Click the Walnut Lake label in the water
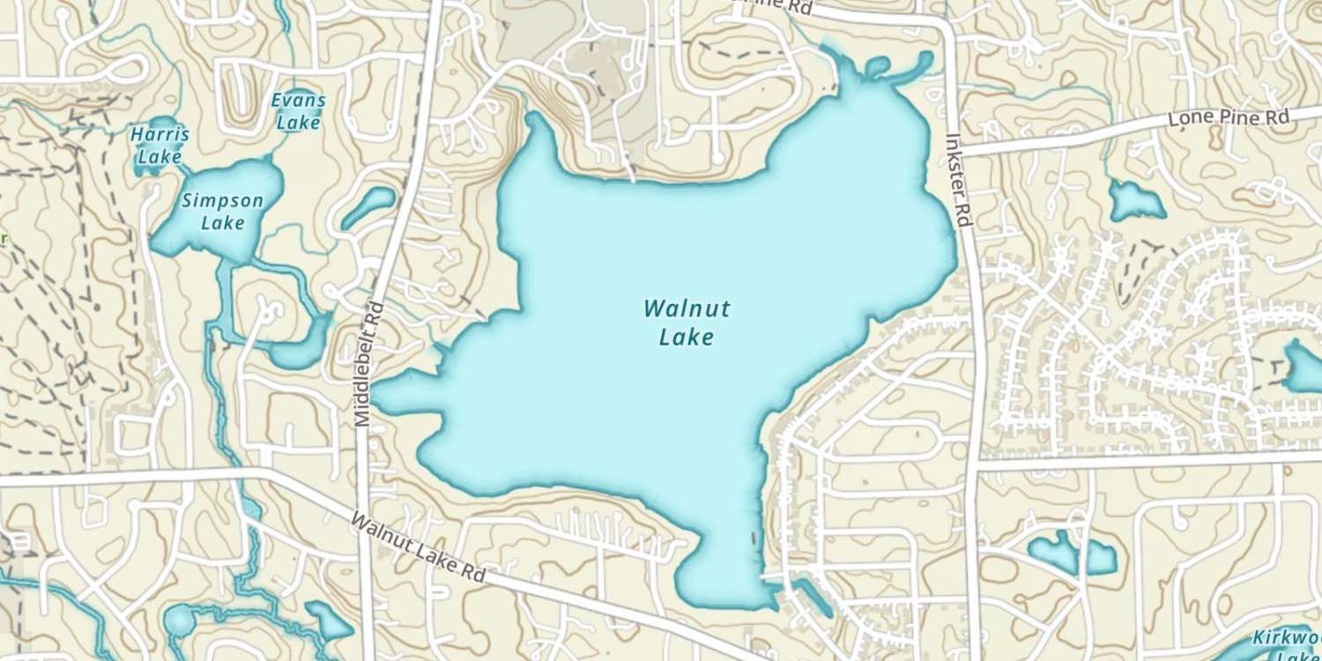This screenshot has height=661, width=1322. click(x=687, y=323)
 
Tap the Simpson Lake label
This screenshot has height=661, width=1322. click(x=222, y=212)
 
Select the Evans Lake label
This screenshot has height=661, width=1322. click(x=298, y=112)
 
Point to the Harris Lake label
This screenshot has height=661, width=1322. click(x=160, y=146)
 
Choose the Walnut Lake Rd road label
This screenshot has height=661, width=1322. click(x=419, y=547)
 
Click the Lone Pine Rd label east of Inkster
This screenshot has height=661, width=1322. click(x=1229, y=118)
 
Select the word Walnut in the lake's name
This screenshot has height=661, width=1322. click(x=687, y=309)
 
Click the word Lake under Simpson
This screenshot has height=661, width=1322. click(x=222, y=223)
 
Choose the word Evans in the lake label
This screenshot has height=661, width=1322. click(x=298, y=100)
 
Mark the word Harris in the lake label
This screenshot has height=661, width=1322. click(x=160, y=136)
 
